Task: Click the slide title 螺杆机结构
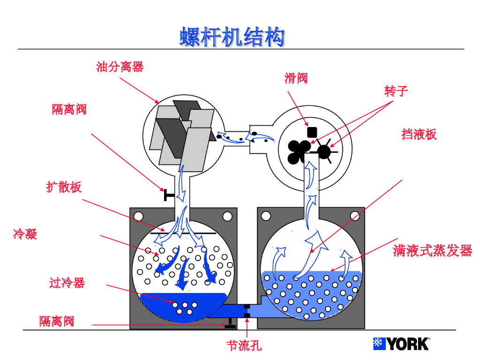click(x=232, y=37)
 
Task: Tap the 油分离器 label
click(x=120, y=67)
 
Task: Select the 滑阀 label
click(x=296, y=78)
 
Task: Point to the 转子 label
click(x=396, y=91)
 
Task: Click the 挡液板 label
click(x=419, y=135)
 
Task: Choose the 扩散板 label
click(x=64, y=187)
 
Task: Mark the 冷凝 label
click(x=25, y=233)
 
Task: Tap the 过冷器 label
click(x=67, y=283)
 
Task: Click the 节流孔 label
click(x=244, y=346)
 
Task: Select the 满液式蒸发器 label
click(x=433, y=251)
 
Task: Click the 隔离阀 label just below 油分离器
click(x=69, y=110)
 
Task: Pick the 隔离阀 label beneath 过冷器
click(x=57, y=322)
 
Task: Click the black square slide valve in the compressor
click(x=312, y=132)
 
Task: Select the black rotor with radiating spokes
click(x=324, y=151)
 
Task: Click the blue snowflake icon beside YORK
click(x=379, y=344)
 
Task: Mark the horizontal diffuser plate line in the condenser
click(x=183, y=232)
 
